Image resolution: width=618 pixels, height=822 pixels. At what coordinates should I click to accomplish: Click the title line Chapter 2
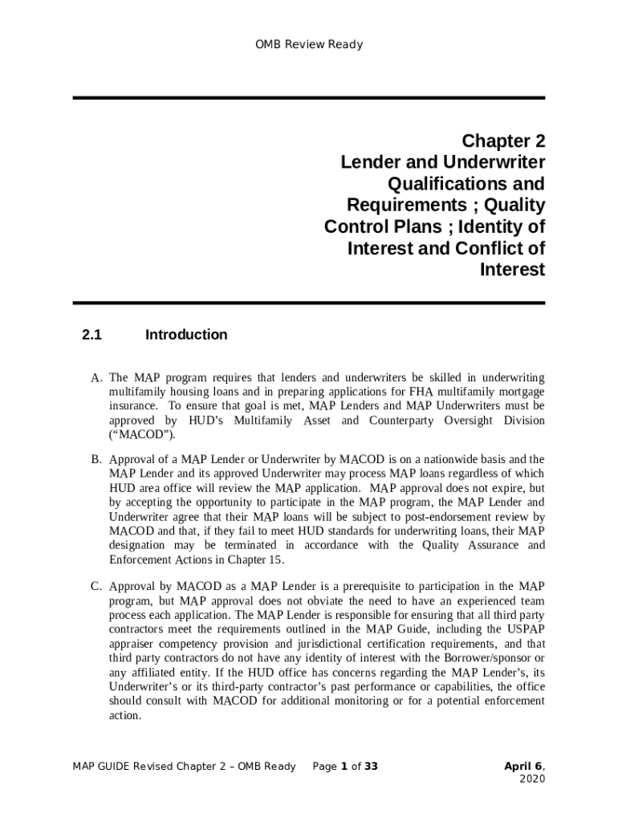503,141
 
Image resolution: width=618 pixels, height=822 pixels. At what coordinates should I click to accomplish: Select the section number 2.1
91,335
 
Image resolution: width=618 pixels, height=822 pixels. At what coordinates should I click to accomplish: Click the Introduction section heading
186,335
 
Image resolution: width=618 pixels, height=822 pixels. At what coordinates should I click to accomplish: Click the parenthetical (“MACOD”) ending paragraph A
141,435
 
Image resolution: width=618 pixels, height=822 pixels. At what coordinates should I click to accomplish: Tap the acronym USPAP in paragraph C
527,629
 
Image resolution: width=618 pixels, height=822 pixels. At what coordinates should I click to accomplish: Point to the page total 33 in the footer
371,767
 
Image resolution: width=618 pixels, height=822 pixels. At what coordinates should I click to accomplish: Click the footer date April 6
522,767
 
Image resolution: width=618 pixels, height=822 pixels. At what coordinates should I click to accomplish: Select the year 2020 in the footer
532,779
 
